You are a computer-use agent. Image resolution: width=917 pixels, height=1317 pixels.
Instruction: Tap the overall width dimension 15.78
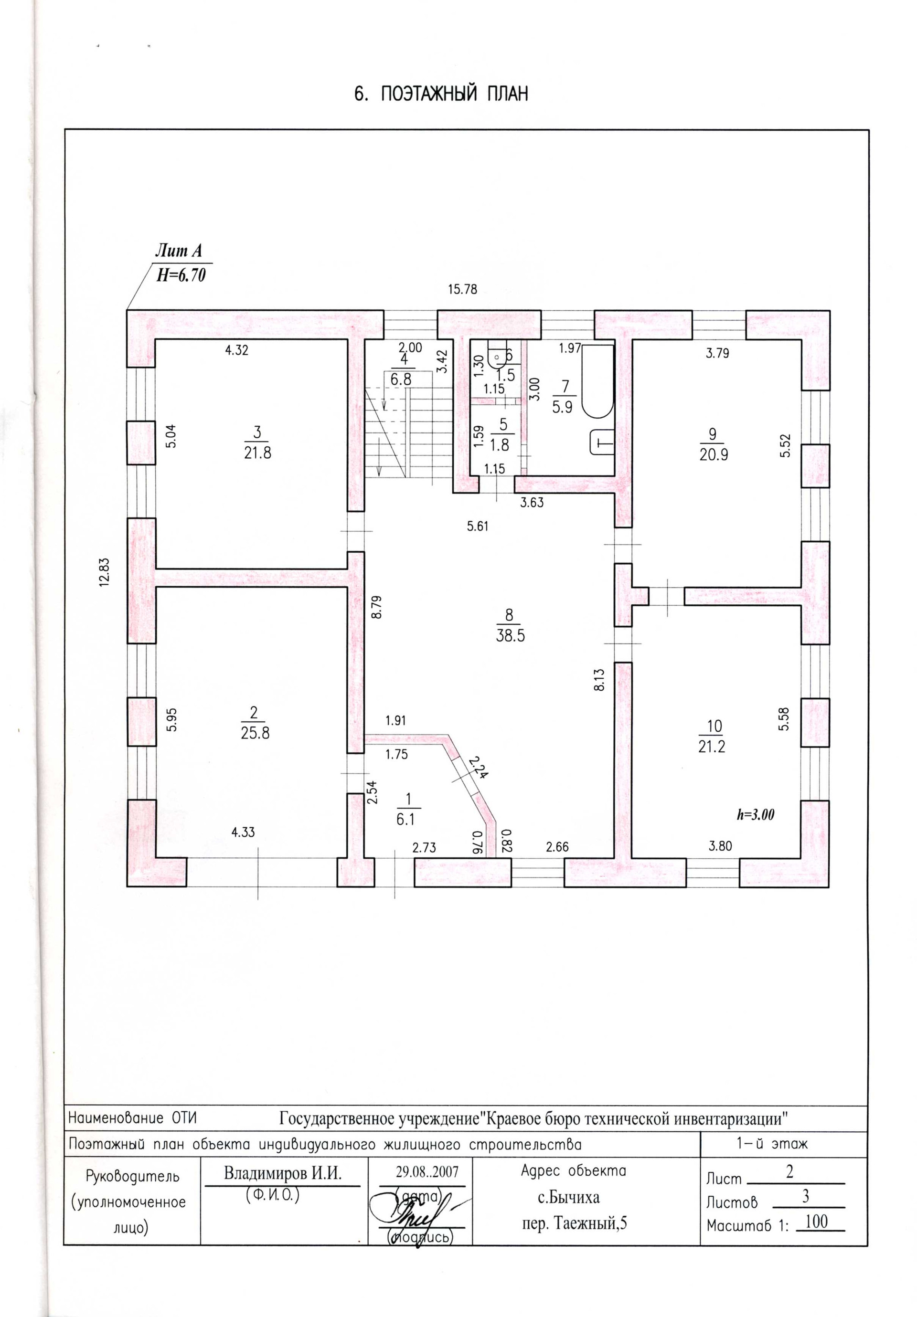click(462, 289)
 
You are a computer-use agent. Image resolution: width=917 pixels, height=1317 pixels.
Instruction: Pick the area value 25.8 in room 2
click(255, 733)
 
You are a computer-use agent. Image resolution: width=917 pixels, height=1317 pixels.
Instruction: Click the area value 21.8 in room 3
click(257, 453)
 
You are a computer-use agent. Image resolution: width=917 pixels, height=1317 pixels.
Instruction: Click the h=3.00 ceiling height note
click(755, 814)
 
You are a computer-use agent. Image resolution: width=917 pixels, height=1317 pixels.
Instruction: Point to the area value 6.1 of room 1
click(405, 819)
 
